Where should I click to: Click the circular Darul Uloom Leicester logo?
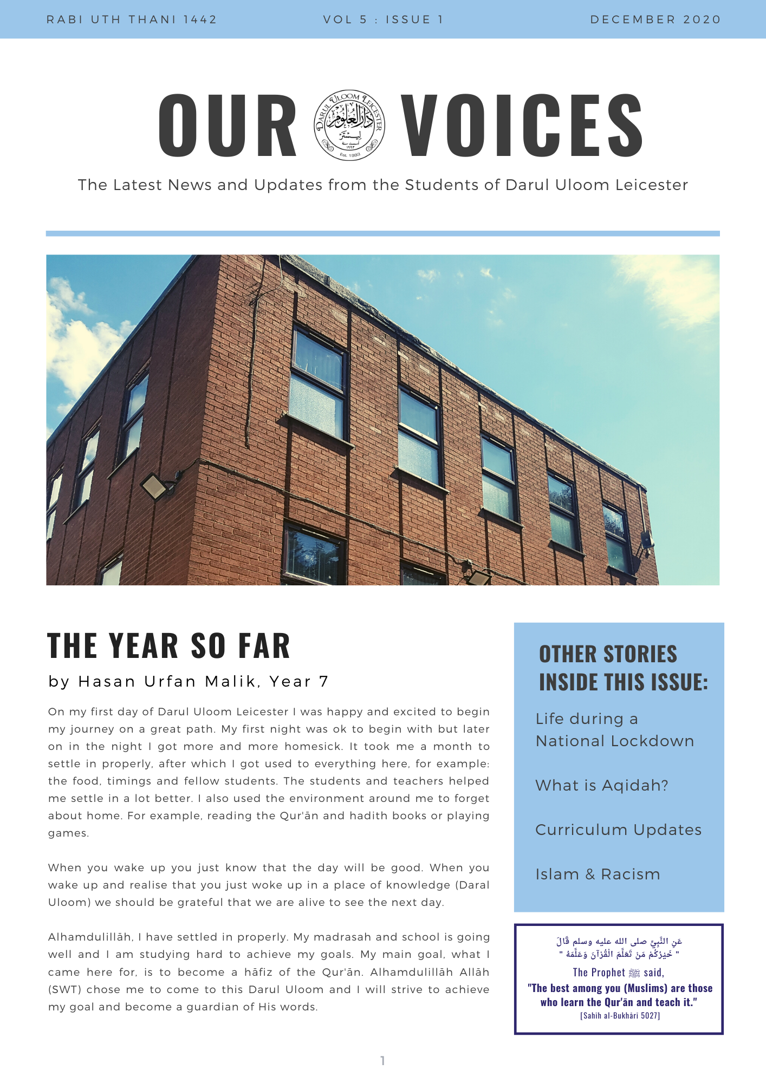[349, 125]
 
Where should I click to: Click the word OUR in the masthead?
[228, 125]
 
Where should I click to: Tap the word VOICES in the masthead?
[522, 125]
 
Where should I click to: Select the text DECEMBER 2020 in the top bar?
[655, 19]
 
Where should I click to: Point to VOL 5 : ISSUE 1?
[383, 19]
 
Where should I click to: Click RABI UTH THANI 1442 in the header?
[132, 19]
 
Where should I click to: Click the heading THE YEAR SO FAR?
[169, 645]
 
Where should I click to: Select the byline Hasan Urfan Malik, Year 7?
[189, 681]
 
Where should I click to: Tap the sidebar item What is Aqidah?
[601, 785]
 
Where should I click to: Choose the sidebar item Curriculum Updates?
[618, 830]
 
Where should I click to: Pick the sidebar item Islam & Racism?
[598, 874]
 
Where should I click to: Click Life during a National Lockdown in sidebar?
[614, 730]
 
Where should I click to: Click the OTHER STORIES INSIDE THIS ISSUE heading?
[623, 668]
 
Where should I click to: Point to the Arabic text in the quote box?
[619, 948]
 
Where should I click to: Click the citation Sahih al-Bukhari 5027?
[620, 1016]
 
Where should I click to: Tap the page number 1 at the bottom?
[382, 1060]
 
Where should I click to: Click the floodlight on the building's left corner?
[155, 486]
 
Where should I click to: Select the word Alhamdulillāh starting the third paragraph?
[90, 937]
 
